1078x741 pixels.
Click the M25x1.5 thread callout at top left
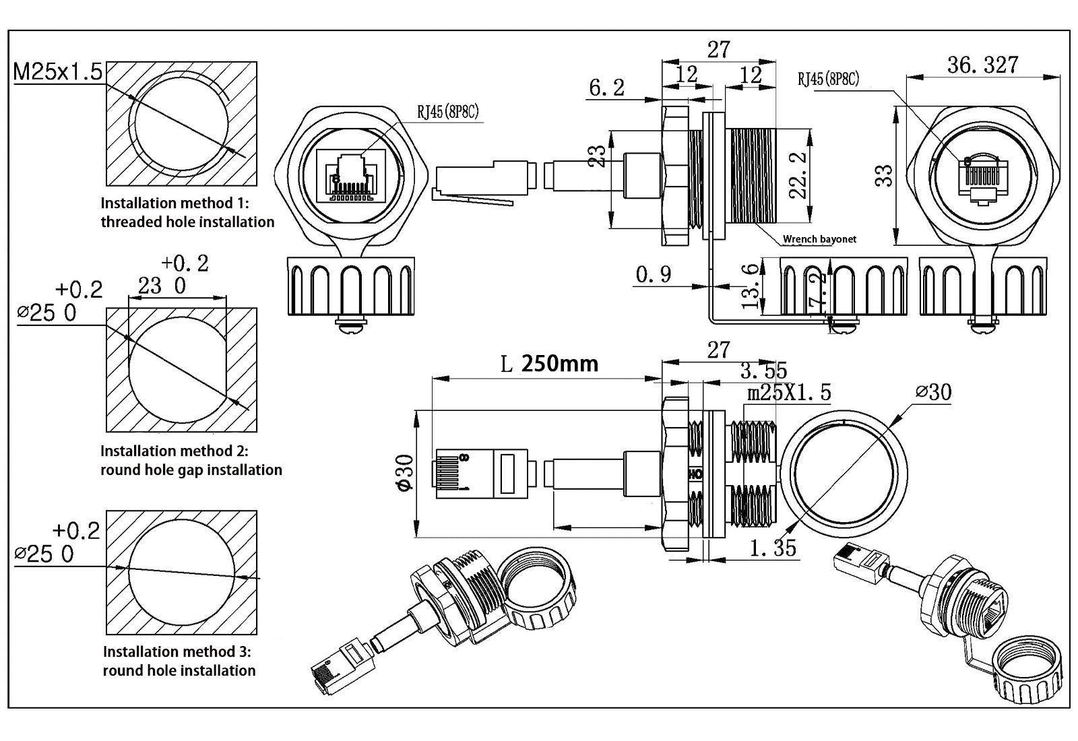click(58, 71)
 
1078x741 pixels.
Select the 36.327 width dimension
click(982, 65)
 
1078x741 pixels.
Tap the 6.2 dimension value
click(606, 88)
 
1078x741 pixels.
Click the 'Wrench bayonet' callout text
click(819, 239)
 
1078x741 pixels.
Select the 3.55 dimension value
click(763, 370)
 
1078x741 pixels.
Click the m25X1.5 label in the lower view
click(789, 392)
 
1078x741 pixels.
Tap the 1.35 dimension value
click(773, 548)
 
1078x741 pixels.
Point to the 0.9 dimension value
click(653, 275)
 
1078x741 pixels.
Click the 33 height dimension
click(886, 175)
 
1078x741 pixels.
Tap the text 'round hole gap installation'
click(191, 470)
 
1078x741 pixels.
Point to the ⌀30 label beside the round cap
click(933, 392)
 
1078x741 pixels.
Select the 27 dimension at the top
click(718, 50)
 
